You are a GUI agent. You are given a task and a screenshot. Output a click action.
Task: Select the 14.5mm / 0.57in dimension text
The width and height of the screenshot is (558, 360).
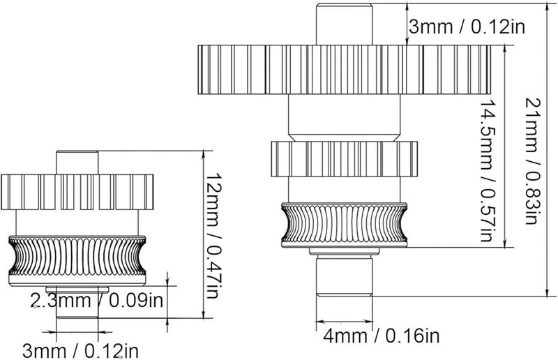pos(488,171)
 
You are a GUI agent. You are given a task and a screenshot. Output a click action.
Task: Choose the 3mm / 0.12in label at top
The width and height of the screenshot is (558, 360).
pos(467,27)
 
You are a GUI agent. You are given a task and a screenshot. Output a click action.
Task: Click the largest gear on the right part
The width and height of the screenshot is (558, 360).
pos(345,70)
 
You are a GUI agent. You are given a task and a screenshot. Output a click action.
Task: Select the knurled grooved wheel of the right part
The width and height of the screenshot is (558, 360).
pos(344,225)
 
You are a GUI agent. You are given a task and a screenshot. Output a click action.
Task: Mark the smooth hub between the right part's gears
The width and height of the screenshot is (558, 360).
pos(345,117)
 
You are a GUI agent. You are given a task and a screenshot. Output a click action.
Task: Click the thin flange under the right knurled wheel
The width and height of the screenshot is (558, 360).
pos(345,252)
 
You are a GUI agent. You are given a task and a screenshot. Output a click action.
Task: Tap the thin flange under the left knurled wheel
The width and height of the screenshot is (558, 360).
pos(77,289)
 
